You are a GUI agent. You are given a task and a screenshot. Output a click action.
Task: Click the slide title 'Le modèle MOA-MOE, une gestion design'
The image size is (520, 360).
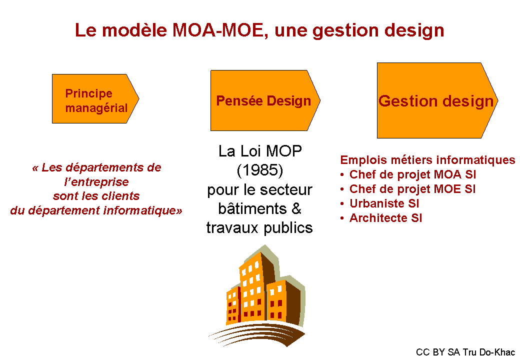tap(259, 30)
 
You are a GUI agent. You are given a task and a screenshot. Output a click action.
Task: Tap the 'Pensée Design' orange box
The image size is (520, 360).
tap(263, 101)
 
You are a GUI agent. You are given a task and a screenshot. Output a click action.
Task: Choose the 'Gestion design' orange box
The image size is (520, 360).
tap(435, 101)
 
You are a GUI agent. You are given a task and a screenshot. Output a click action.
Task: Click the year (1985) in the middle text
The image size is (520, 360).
tap(259, 170)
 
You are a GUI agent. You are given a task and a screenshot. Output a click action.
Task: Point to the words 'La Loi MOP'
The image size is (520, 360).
tap(260, 151)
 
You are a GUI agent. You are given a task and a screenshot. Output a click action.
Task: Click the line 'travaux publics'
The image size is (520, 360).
tap(259, 228)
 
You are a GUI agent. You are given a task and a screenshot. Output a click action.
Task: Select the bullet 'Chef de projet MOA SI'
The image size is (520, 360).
tap(412, 174)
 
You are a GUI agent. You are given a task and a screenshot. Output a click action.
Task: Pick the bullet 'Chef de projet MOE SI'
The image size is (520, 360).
tap(412, 189)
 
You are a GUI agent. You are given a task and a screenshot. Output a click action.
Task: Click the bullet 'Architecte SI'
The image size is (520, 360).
tap(385, 218)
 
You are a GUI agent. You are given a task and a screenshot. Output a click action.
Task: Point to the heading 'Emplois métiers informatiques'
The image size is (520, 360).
tap(427, 160)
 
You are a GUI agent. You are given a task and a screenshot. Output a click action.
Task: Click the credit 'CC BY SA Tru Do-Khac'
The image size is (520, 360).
tap(465, 352)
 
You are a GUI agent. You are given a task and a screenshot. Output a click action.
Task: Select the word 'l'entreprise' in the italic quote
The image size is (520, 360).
tap(96, 182)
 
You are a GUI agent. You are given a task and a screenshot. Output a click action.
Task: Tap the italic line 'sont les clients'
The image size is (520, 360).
tap(96, 196)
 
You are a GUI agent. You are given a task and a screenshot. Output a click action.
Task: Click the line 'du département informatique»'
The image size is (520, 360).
tap(96, 210)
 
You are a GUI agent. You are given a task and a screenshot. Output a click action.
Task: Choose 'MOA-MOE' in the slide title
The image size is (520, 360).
tap(215, 30)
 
